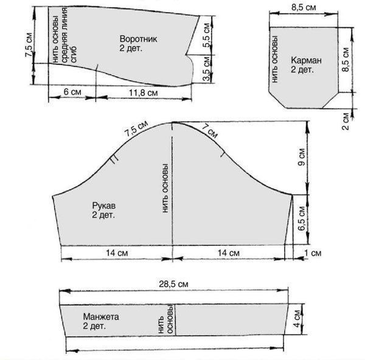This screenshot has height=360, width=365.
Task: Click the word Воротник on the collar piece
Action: pos(138,39)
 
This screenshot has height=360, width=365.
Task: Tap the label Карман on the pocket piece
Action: pos(306,60)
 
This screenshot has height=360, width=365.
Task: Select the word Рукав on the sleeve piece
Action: pos(104,206)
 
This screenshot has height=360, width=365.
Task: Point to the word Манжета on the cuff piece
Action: pos(101,317)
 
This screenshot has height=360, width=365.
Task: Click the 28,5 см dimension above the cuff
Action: pos(173,284)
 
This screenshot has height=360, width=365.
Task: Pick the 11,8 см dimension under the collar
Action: pos(144,93)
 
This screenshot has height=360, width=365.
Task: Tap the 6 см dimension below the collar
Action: pos(72,92)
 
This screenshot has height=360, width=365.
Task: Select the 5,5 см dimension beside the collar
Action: pos(206,35)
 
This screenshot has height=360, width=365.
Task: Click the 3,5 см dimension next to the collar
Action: pos(206,69)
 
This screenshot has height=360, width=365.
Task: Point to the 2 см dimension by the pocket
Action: pos(346,121)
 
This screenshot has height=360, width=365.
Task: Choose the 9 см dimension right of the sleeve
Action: pos(302,157)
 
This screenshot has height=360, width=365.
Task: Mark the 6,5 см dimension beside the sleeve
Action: pos(302,218)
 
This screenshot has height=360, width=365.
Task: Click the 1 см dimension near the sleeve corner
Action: pos(313,253)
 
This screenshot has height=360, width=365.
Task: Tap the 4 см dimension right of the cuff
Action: pos(297,319)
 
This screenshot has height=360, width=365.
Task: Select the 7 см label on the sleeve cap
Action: pos(210,131)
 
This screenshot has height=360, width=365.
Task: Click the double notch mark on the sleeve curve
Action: pos(114,160)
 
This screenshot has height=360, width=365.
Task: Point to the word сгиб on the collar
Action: pos(74,54)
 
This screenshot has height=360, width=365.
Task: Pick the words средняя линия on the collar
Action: pos(64,35)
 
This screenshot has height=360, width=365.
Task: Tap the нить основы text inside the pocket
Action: pos(275,59)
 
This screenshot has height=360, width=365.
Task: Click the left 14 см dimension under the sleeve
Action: pos(117,253)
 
